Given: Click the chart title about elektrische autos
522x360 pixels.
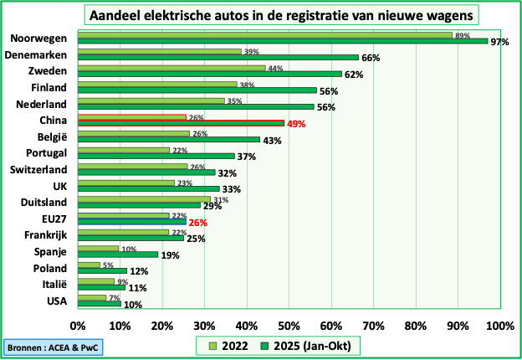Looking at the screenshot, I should tap(284, 15).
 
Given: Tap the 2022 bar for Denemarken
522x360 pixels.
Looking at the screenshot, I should tap(159, 51).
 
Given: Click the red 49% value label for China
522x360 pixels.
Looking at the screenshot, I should tap(296, 123).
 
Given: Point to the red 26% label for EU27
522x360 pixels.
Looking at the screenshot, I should tap(198, 222).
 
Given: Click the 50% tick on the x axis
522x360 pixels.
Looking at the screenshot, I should tap(289, 325).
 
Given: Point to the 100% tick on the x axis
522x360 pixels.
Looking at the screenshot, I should tap(499, 325).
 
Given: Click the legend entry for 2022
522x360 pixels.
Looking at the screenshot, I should tap(227, 345).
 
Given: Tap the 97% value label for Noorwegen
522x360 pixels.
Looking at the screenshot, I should tap(500, 41).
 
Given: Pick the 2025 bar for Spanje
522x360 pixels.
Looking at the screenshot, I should tap(118, 255).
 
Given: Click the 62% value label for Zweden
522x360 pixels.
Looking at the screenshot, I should tap(354, 74).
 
